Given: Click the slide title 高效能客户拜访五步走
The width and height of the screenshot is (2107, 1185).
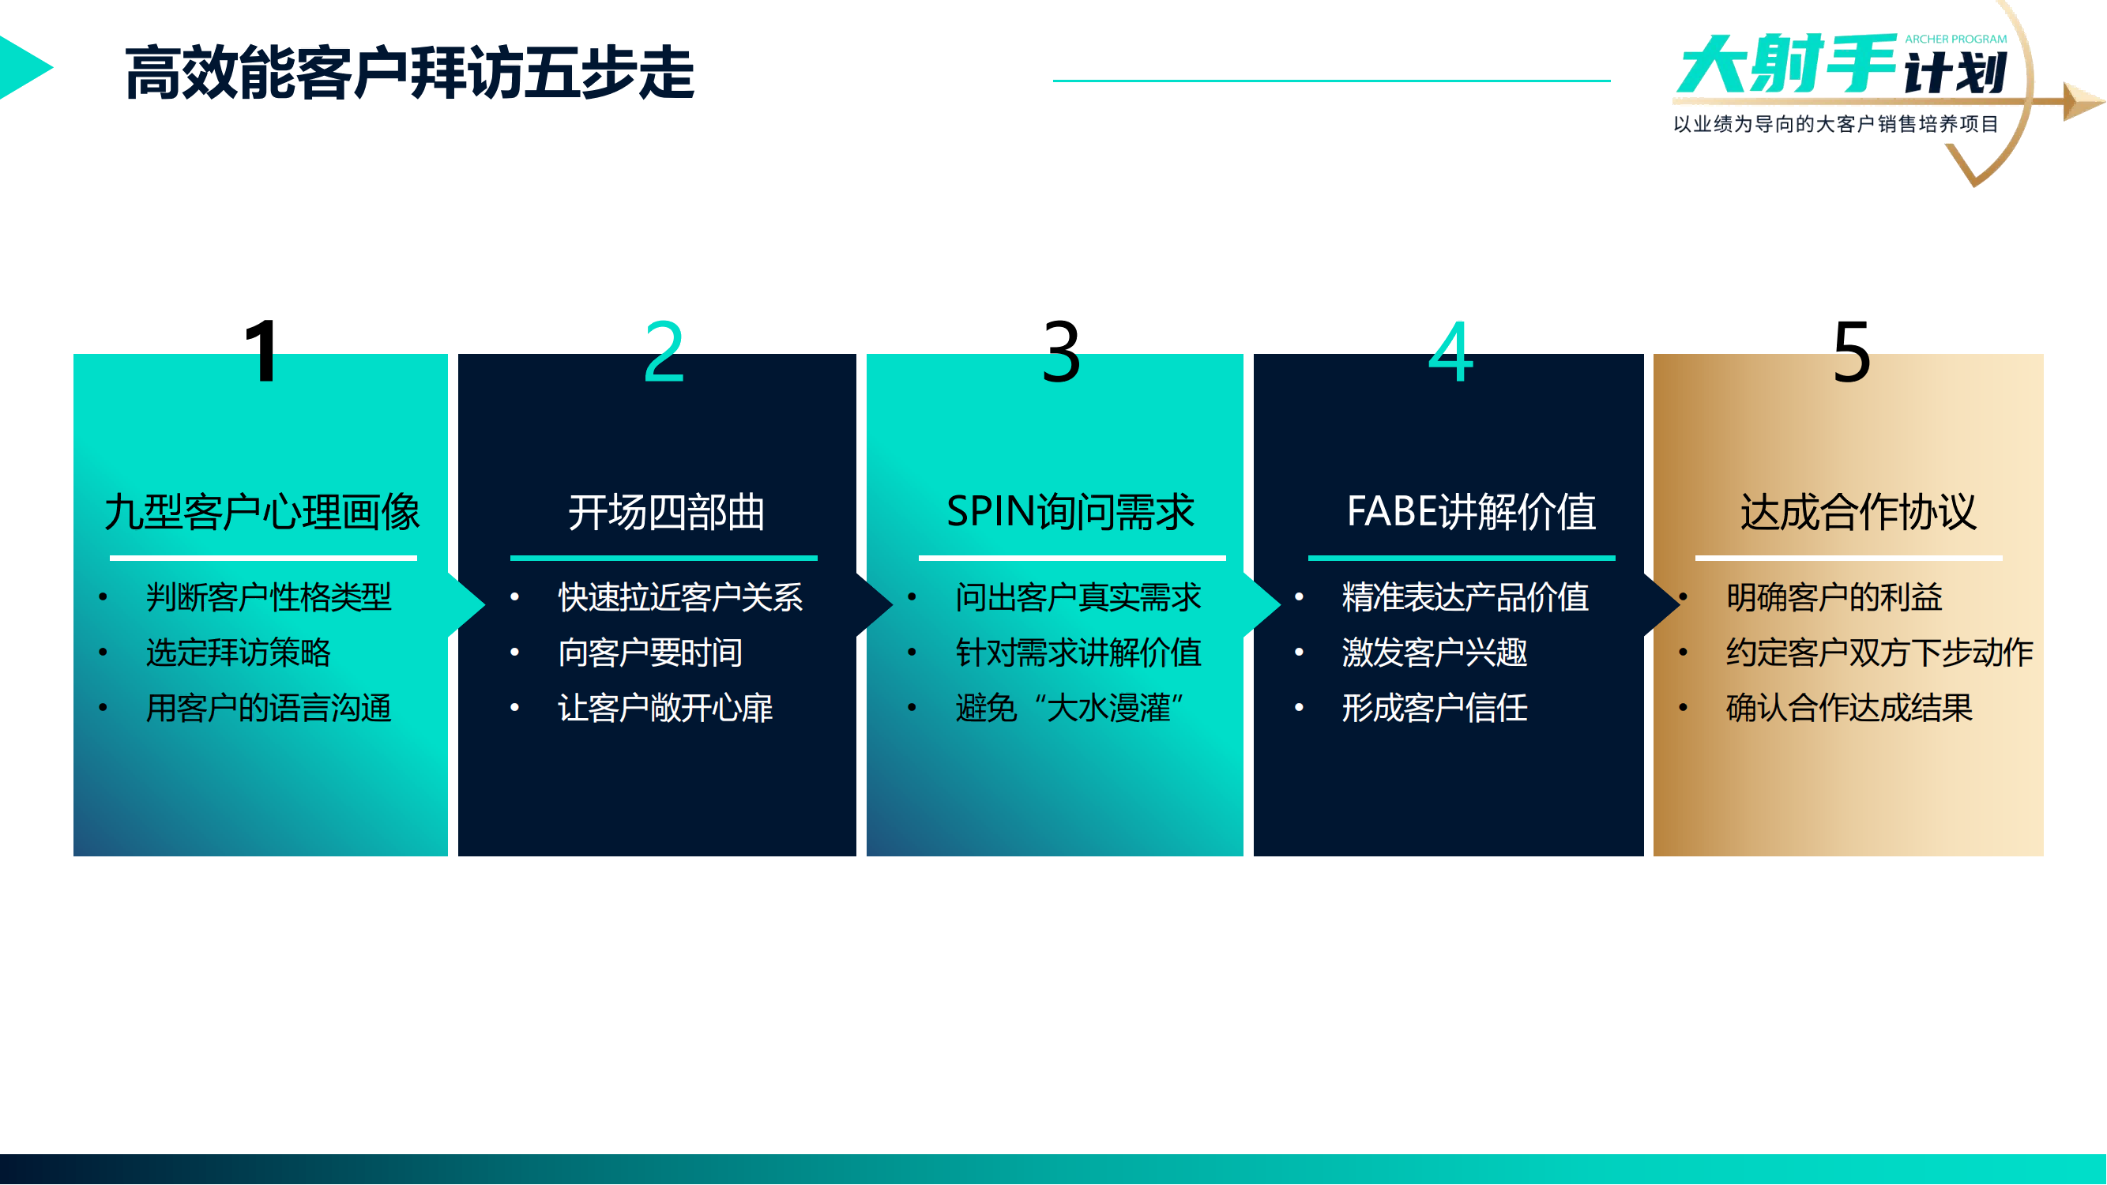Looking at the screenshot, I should pyautogui.click(x=409, y=73).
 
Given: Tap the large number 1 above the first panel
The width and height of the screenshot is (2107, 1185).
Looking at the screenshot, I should pyautogui.click(x=261, y=352).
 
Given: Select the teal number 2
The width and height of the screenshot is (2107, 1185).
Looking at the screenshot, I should pyautogui.click(x=664, y=352).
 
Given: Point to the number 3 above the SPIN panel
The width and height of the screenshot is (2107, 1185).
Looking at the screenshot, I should pyautogui.click(x=1061, y=352).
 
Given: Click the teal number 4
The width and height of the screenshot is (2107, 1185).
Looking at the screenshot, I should pyautogui.click(x=1450, y=352).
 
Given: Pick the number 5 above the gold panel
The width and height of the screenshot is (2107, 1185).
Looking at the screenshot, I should pyautogui.click(x=1851, y=352).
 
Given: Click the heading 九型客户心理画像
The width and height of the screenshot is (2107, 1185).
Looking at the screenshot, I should pyautogui.click(x=261, y=513).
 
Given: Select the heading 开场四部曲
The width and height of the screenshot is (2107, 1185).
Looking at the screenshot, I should pyautogui.click(x=666, y=513).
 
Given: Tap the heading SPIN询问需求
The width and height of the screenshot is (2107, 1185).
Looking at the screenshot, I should pyautogui.click(x=1070, y=513).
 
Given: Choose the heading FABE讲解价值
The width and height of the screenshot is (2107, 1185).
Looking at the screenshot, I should pyautogui.click(x=1471, y=513).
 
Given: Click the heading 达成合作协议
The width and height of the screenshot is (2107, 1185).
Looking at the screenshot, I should pyautogui.click(x=1857, y=513).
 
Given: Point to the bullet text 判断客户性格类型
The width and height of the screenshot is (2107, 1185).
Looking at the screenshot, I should pyautogui.click(x=269, y=598).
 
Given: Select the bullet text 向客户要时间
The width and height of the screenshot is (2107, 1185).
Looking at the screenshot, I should pyautogui.click(x=650, y=653).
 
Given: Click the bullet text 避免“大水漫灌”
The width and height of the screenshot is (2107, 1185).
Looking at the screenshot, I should pyautogui.click(x=1070, y=708).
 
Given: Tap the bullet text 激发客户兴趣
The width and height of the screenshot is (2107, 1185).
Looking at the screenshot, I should pyautogui.click(x=1434, y=653).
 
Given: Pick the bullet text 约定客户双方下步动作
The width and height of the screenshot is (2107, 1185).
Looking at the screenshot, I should pyautogui.click(x=1879, y=653).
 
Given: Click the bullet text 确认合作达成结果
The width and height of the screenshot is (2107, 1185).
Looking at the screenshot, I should pyautogui.click(x=1849, y=708).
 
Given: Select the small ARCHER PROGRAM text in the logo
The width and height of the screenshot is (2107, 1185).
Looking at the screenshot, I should pyautogui.click(x=1955, y=39).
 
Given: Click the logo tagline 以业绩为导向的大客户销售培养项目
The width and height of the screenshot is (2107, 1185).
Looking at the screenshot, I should pyautogui.click(x=1835, y=124).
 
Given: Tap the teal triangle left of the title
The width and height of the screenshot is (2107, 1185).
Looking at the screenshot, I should pyautogui.click(x=23, y=68).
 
